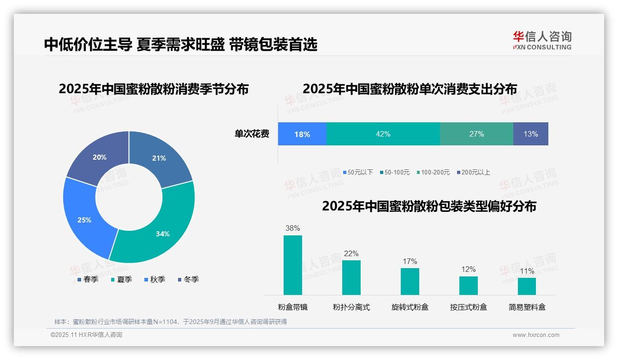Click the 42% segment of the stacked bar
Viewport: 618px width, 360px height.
coord(383,134)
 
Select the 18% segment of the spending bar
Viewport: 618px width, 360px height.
coord(302,134)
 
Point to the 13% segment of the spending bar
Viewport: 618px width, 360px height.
coord(530,134)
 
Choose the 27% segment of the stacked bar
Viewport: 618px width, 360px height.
coord(476,134)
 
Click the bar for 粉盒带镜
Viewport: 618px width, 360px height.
coord(292,265)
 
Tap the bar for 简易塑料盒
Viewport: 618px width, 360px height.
coord(527,286)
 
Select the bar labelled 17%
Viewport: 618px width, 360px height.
coord(410,281)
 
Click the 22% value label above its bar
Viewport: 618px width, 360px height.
coord(351,253)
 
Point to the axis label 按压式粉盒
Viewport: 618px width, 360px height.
coord(468,307)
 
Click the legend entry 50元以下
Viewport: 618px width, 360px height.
coord(358,172)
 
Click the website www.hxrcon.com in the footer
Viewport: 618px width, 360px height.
coord(535,335)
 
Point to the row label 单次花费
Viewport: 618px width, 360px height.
coord(252,134)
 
